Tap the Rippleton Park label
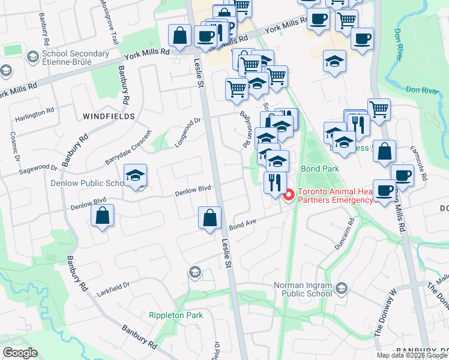pos(176,315)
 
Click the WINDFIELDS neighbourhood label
pos(108,116)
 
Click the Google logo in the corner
pos(19,353)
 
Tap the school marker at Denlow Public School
pos(136,176)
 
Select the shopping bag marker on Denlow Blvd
pos(103,217)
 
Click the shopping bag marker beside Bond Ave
pos(210,220)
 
